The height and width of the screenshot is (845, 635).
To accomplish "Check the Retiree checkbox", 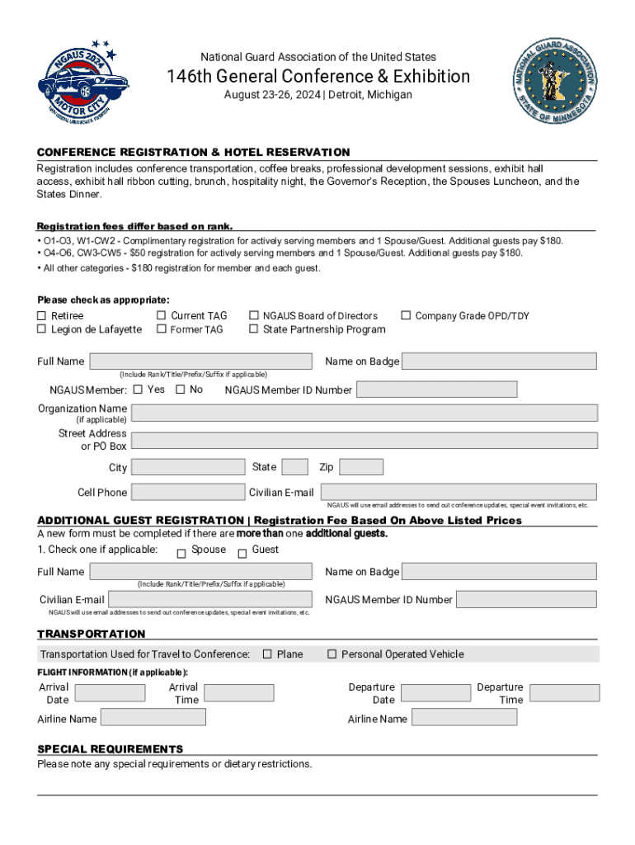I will click(x=41, y=316).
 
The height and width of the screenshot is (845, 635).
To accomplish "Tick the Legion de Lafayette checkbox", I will click(x=41, y=330).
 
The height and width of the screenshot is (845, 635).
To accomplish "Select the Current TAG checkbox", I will click(x=161, y=316).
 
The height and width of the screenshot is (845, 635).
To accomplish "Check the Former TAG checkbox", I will click(x=161, y=330).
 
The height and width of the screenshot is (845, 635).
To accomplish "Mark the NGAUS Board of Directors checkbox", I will click(x=254, y=316).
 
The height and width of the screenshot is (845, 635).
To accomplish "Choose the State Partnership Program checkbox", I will click(x=254, y=330).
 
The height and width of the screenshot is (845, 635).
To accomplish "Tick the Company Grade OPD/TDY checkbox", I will click(x=406, y=316).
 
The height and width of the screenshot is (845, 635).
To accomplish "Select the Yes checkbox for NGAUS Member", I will click(x=138, y=389).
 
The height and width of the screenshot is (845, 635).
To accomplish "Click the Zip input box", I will click(x=361, y=467).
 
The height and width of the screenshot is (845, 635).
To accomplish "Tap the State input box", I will click(x=294, y=467).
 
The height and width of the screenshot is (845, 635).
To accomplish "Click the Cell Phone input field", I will click(x=187, y=493).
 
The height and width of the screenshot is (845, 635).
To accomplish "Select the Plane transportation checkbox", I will click(x=267, y=654).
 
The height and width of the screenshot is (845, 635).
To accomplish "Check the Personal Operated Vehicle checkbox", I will click(x=332, y=654).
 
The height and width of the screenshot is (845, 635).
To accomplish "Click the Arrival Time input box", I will click(x=238, y=693).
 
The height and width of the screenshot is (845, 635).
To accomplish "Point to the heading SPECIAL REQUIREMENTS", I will click(x=111, y=749).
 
